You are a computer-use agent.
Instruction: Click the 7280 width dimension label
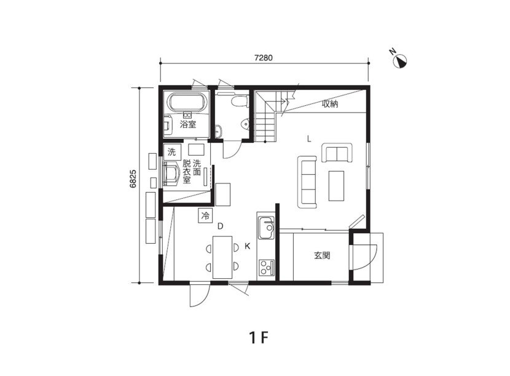[264, 58]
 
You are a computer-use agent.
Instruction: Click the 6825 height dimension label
[133, 179]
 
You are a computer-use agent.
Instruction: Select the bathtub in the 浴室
[188, 102]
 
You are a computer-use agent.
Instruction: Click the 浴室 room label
[188, 124]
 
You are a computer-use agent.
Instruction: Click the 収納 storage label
[330, 104]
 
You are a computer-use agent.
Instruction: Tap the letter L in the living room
[309, 140]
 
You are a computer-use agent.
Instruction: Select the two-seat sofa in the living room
[337, 153]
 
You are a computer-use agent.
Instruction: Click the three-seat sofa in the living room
[307, 182]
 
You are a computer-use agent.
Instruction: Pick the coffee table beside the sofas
[336, 186]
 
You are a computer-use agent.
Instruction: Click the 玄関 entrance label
[322, 255]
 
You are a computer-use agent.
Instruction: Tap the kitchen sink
[265, 228]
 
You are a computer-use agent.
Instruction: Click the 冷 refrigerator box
[205, 216]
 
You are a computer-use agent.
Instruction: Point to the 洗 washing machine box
[171, 151]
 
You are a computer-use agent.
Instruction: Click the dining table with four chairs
[222, 257]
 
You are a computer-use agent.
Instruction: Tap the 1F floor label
[259, 338]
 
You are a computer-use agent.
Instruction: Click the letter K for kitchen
[248, 246]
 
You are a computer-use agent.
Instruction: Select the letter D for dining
[221, 226]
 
